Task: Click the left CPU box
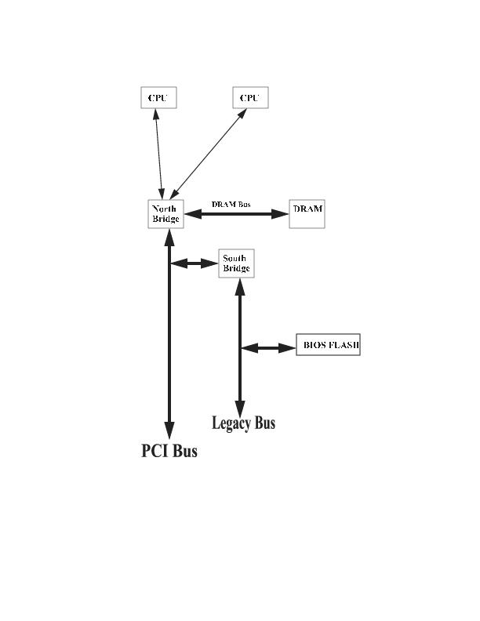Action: pyautogui.click(x=158, y=98)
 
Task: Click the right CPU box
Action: pyautogui.click(x=250, y=98)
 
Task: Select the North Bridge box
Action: pyautogui.click(x=165, y=214)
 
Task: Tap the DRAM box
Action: pyautogui.click(x=307, y=213)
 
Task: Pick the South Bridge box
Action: pyautogui.click(x=236, y=263)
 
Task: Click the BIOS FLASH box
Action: pyautogui.click(x=328, y=346)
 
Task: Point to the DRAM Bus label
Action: pyautogui.click(x=231, y=205)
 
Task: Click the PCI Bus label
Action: pyautogui.click(x=169, y=451)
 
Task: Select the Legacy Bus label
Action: pyautogui.click(x=243, y=423)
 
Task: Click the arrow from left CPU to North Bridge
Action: pyautogui.click(x=159, y=153)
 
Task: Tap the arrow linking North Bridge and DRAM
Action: pyautogui.click(x=236, y=213)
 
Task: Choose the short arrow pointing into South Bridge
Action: pyautogui.click(x=194, y=263)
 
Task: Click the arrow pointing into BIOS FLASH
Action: pyautogui.click(x=267, y=347)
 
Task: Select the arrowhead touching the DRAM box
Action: pyautogui.click(x=281, y=213)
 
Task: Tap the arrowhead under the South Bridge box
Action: pyautogui.click(x=240, y=286)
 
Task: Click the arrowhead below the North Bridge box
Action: pyautogui.click(x=169, y=238)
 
